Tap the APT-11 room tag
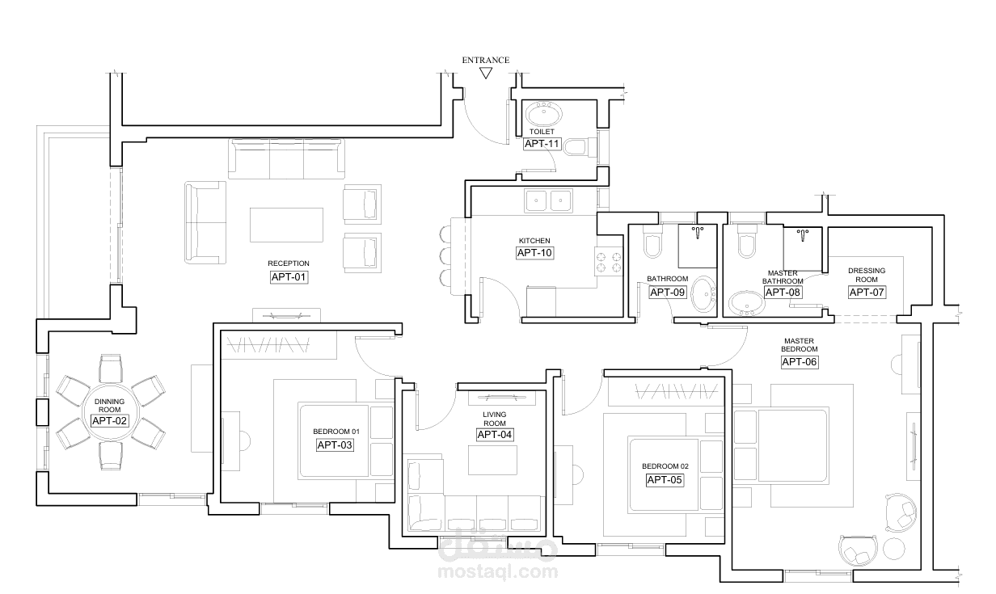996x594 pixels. [542, 144]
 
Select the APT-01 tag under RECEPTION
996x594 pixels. [289, 277]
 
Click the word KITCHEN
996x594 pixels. [534, 241]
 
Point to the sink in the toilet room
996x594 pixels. [544, 113]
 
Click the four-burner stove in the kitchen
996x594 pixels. [609, 262]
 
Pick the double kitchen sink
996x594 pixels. [548, 200]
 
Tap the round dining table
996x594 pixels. [110, 413]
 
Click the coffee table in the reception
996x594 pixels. [286, 225]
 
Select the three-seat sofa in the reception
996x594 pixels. [286, 158]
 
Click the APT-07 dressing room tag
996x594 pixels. [867, 292]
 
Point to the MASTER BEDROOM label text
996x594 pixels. [799, 345]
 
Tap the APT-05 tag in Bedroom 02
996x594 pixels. [665, 480]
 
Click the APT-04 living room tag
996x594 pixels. [495, 434]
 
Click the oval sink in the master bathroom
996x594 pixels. [747, 303]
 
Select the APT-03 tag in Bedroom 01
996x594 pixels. [335, 445]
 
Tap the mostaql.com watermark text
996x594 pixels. [498, 571]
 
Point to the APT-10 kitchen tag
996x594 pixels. [534, 253]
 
